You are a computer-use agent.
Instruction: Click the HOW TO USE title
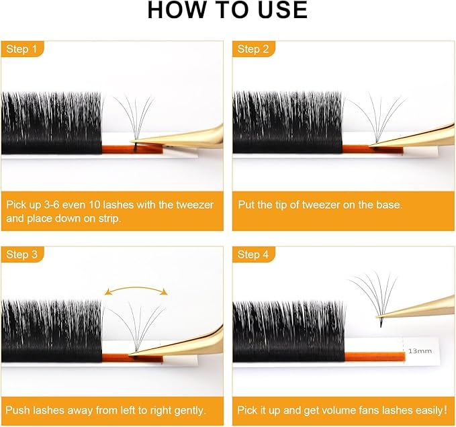(228, 10)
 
